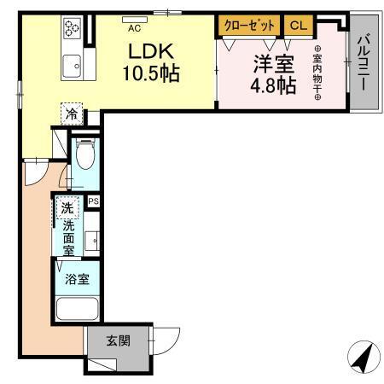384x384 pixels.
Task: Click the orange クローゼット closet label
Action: coord(248,26)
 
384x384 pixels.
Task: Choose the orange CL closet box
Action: coord(297,26)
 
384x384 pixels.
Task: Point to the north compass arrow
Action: coord(361,356)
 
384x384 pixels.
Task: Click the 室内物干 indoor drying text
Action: coord(317,74)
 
